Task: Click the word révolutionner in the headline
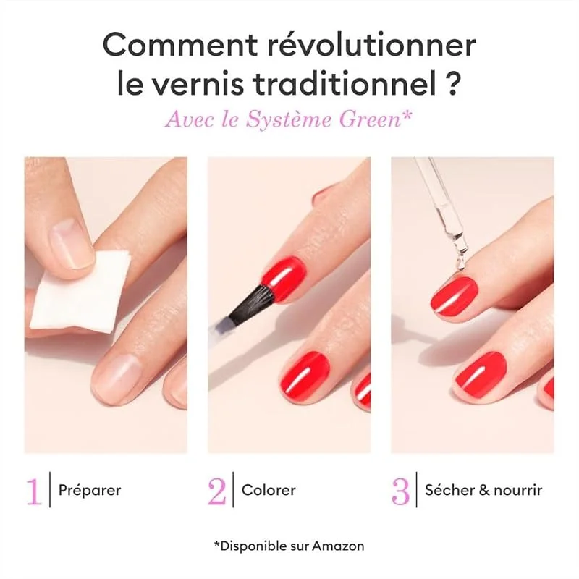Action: pos(372,45)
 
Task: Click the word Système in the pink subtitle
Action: pos(289,119)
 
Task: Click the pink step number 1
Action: pos(34,491)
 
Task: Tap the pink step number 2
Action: pos(216,491)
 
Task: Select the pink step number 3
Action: pos(401,491)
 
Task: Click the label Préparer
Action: pos(90,491)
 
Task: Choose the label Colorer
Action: pos(269,491)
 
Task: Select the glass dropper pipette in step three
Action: pos(442,214)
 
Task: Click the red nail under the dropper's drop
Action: pos(455,294)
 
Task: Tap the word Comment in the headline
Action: pos(180,45)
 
